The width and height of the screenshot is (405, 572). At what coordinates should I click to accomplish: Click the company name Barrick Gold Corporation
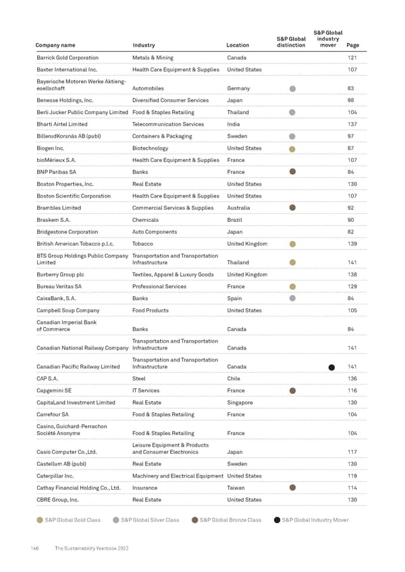click(x=67, y=58)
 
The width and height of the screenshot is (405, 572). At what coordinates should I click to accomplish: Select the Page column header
click(x=352, y=46)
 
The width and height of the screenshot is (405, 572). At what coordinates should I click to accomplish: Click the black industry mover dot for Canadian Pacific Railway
click(x=331, y=368)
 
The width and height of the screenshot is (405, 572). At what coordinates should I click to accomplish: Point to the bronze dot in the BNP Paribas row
click(x=292, y=171)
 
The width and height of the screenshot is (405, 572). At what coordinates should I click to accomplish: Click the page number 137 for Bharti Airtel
click(x=351, y=124)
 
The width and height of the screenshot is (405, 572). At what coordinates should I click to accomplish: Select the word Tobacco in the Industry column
click(x=142, y=244)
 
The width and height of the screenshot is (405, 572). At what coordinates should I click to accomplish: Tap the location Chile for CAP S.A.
click(x=234, y=378)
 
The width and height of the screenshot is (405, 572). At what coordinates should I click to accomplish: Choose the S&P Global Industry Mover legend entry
click(x=312, y=520)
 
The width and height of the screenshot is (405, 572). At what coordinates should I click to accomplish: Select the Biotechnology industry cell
click(x=150, y=148)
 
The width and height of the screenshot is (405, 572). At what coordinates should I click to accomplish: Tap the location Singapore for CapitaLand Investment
click(x=240, y=403)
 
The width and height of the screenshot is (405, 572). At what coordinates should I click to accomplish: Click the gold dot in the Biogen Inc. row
click(x=292, y=149)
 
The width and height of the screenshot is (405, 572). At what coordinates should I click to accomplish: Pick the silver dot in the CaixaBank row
click(x=292, y=298)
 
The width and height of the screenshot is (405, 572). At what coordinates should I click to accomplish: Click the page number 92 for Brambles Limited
click(x=350, y=208)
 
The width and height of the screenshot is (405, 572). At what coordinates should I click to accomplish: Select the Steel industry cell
click(x=138, y=378)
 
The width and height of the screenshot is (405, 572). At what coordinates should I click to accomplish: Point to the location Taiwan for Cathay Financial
click(x=236, y=488)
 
